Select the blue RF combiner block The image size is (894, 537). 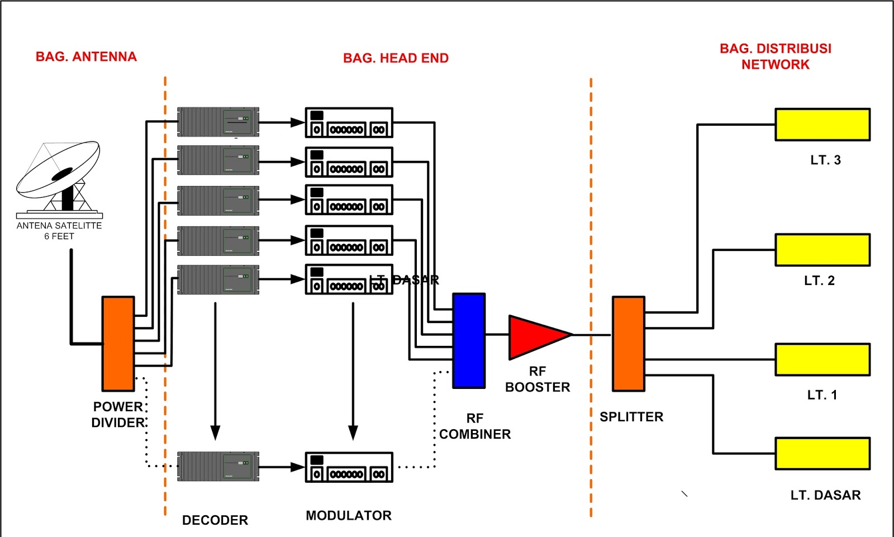tap(469, 340)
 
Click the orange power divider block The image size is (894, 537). tap(118, 344)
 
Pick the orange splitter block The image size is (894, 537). tap(629, 344)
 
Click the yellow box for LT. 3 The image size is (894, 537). tap(822, 125)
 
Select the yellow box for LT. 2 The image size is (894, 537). tap(822, 250)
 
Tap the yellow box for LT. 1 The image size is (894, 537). tap(822, 359)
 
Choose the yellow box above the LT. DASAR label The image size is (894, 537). tap(822, 453)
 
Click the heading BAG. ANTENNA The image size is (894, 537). tap(86, 57)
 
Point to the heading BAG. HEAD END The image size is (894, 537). tap(396, 58)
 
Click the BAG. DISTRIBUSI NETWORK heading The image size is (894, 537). tap(776, 56)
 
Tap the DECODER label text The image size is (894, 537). tap(215, 520)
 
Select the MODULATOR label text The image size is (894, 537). tap(349, 516)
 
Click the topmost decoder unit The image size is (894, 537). tap(218, 122)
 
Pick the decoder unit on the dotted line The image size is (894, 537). tap(218, 467)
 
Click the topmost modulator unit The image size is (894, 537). tap(349, 123)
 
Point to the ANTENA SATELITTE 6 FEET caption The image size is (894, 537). tap(59, 231)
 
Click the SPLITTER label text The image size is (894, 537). tap(631, 417)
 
